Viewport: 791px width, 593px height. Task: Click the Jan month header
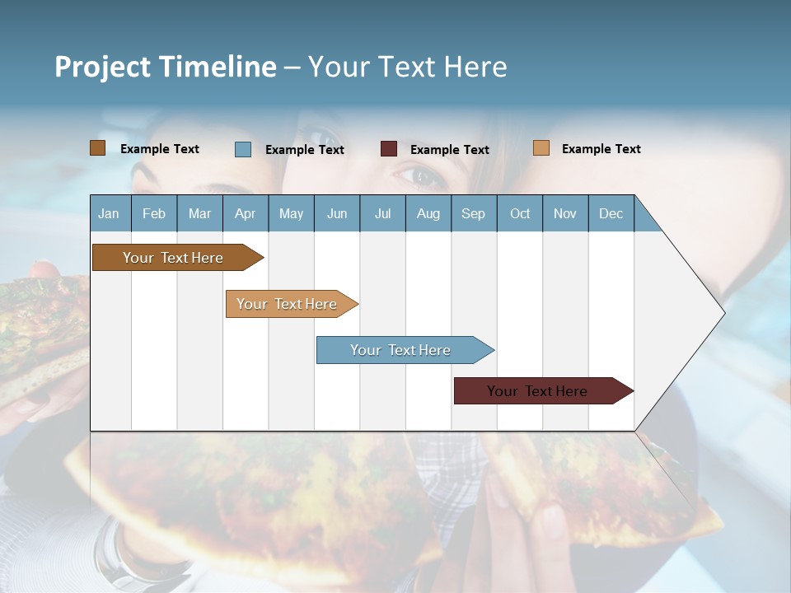click(x=109, y=213)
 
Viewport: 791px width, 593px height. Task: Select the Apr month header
click(x=246, y=213)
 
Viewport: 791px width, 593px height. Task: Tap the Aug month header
click(x=428, y=213)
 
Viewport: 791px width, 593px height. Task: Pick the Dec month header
click(x=611, y=213)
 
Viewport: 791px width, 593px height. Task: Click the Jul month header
click(x=382, y=213)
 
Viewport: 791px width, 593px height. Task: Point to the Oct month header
click(x=520, y=213)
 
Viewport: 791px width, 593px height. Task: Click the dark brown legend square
click(x=98, y=148)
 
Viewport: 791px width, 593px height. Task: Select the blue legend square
click(x=243, y=149)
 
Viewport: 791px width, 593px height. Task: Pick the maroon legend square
click(x=389, y=149)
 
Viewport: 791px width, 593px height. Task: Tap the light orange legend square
click(x=541, y=148)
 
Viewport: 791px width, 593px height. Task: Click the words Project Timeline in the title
click(x=165, y=67)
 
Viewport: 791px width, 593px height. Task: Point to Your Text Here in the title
click(x=408, y=67)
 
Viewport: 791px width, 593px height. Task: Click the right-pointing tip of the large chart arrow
click(x=722, y=312)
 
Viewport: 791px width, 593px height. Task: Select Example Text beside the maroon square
click(x=449, y=150)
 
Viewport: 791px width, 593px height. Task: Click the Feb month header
click(x=154, y=213)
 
